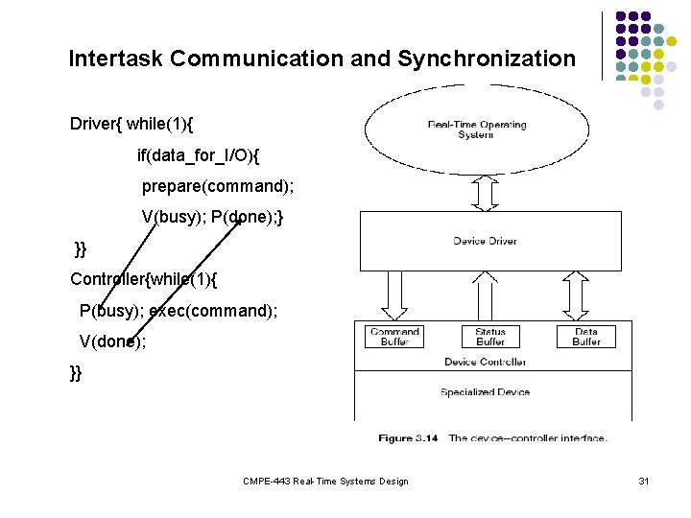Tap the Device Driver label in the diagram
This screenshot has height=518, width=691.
(x=485, y=241)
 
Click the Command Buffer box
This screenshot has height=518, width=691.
(x=395, y=337)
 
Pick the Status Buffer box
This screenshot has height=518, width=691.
(x=489, y=337)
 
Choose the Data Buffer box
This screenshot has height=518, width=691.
(x=585, y=337)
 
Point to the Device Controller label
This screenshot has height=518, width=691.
(x=485, y=362)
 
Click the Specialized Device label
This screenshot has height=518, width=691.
(x=485, y=391)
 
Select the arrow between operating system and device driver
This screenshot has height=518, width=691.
(x=486, y=193)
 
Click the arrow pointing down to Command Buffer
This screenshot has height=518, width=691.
(x=394, y=294)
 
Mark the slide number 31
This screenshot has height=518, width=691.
(x=643, y=481)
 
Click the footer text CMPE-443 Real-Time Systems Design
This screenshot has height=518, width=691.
(x=325, y=481)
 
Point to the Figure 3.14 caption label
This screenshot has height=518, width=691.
(x=408, y=438)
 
